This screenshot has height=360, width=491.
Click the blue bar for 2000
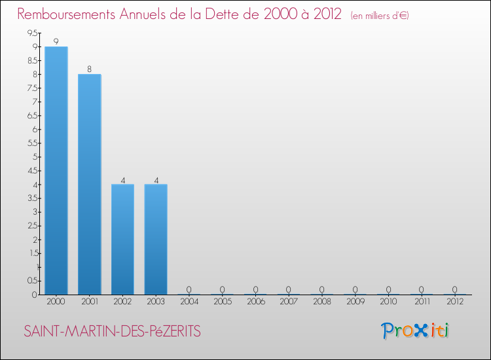[56, 170]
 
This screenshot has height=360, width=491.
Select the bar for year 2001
[89, 184]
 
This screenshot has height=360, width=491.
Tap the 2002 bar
[122, 239]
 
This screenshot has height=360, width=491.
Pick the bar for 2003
[156, 239]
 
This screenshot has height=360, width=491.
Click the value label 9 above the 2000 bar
[56, 41]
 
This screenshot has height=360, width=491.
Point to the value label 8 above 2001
[89, 69]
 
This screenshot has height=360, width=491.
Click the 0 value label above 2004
[189, 289]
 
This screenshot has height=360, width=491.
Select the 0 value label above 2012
[455, 289]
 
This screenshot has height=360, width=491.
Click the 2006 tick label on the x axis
[255, 302]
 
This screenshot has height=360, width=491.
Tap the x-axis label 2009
[355, 302]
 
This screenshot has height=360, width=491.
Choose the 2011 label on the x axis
[422, 302]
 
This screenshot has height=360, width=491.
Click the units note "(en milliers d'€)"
[380, 16]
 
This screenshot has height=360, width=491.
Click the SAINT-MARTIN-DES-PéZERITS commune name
[112, 332]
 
